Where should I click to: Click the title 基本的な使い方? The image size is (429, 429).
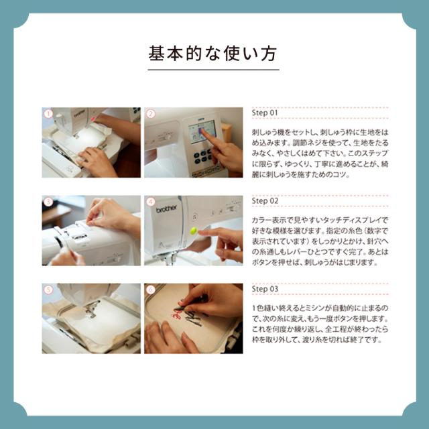tap(212, 54)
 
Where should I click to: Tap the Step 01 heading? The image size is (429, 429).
tap(265, 113)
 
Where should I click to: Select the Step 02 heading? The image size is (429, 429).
tap(265, 201)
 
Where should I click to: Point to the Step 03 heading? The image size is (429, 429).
tap(265, 289)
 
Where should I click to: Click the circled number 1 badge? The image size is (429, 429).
tap(48, 114)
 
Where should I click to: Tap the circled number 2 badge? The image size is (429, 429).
tap(151, 114)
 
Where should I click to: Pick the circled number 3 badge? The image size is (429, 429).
tap(48, 202)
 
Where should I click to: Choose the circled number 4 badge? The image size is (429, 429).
tap(151, 202)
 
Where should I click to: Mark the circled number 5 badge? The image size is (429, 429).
tap(48, 290)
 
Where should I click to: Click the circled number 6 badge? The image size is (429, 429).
tap(151, 290)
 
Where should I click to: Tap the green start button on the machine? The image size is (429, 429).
tap(194, 231)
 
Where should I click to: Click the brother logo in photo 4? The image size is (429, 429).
tap(166, 209)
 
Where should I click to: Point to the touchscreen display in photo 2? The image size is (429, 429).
tap(202, 132)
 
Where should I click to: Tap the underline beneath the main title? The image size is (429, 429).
tap(213, 70)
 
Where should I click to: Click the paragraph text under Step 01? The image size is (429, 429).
tap(320, 154)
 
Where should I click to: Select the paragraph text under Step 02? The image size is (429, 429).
tap(320, 241)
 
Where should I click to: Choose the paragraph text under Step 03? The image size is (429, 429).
tap(320, 324)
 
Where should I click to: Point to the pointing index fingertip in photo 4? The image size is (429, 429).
tap(200, 233)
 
